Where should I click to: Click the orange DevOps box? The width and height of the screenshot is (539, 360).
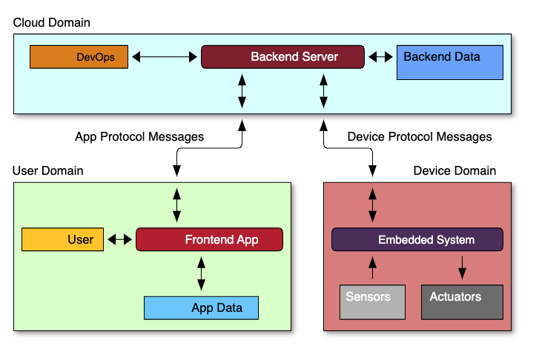[79, 57]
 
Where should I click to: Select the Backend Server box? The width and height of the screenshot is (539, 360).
[282, 57]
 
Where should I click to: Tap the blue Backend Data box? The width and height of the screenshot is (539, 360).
[449, 62]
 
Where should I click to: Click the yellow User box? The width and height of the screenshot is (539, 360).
[62, 239]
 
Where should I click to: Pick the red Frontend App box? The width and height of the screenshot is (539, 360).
[209, 239]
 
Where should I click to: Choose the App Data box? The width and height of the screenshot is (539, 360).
[201, 308]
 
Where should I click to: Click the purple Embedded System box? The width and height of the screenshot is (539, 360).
[417, 239]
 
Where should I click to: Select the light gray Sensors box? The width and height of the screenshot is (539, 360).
[372, 302]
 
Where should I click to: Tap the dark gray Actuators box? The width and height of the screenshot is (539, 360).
[462, 302]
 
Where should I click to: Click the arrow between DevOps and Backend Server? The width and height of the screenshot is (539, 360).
[165, 57]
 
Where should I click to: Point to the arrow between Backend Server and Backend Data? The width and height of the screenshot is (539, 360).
[380, 57]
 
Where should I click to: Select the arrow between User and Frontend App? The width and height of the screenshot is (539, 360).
[119, 239]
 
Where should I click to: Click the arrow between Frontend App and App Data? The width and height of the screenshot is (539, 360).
[201, 274]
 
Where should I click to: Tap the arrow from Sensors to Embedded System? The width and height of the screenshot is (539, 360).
[372, 268]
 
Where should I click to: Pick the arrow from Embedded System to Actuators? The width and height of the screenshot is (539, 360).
[462, 268]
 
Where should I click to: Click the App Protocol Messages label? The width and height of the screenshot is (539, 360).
[139, 137]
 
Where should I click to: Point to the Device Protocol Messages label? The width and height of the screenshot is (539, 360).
[420, 137]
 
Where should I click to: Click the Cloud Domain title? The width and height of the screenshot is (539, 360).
[52, 23]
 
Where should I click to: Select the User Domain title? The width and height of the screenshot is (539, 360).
[47, 170]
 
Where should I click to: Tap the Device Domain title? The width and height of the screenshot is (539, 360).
[454, 170]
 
